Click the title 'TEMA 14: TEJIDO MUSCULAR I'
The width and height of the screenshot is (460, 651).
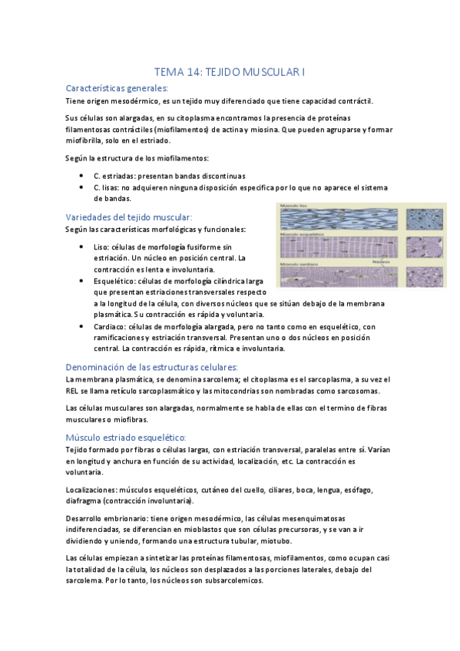click(x=230, y=72)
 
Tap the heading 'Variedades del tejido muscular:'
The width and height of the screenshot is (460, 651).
click(x=129, y=217)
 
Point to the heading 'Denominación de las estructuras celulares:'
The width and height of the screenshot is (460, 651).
click(x=152, y=367)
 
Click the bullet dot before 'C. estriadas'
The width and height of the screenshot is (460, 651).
click(x=82, y=176)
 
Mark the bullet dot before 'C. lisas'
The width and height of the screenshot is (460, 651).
click(x=82, y=187)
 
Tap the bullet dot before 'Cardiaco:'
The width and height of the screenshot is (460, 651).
click(x=82, y=326)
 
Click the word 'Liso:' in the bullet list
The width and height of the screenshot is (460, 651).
click(x=101, y=247)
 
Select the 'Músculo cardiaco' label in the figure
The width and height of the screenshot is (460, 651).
click(x=299, y=263)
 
